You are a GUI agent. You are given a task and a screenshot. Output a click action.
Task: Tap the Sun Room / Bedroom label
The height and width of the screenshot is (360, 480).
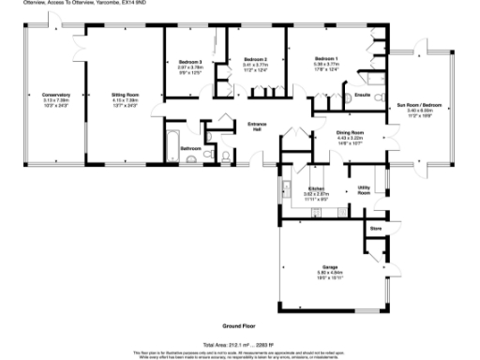[419, 104]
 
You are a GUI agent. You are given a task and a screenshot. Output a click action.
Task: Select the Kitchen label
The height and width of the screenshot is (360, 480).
[315, 189]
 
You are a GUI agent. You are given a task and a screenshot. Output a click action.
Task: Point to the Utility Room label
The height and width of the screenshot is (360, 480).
[365, 189]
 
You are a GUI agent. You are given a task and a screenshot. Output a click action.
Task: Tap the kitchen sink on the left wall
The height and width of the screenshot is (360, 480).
[286, 192]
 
